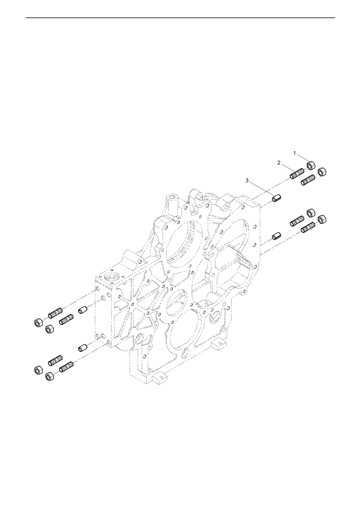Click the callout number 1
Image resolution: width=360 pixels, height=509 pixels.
[x=294, y=153]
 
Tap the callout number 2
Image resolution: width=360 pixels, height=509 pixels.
[x=279, y=163]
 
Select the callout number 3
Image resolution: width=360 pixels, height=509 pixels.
[x=247, y=181]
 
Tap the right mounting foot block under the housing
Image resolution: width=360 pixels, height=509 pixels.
[x=218, y=344]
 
